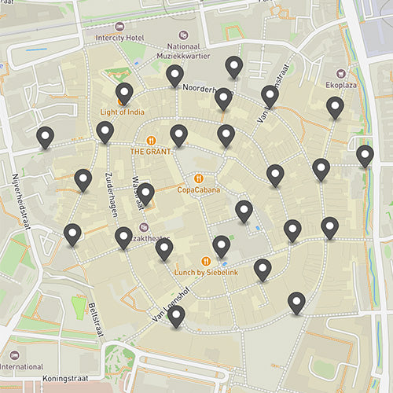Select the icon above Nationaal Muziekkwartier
(184, 35)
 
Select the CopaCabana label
(198, 189)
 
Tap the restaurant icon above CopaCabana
(198, 178)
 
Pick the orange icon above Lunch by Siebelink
(205, 260)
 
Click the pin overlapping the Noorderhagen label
(223, 99)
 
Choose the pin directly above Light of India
(124, 94)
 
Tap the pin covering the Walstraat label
(145, 193)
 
